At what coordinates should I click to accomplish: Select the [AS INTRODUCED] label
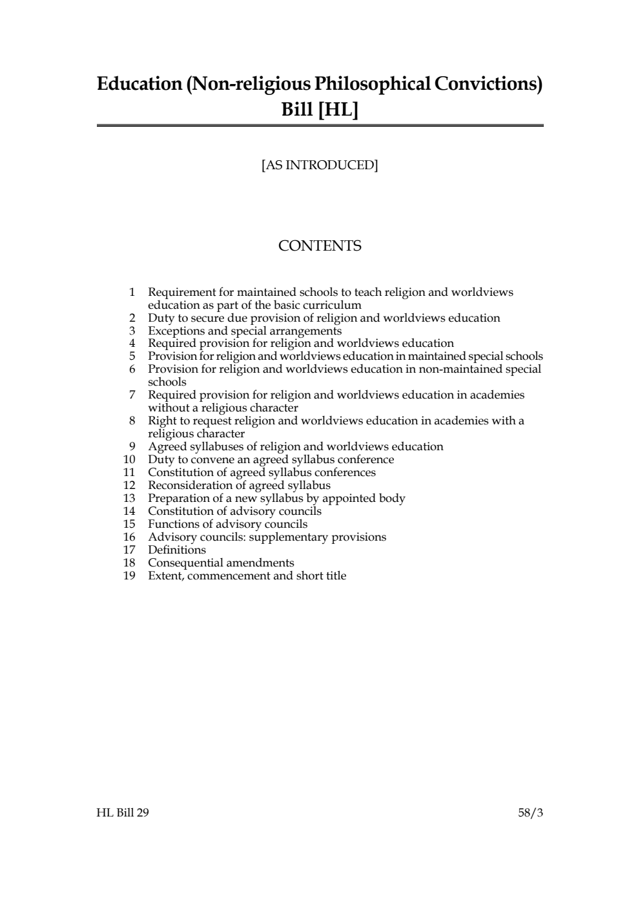click(320, 165)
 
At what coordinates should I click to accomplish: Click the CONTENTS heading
click(320, 246)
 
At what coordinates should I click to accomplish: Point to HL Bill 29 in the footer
click(123, 813)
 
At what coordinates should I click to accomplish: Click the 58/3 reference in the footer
click(530, 813)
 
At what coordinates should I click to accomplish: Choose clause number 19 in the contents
click(129, 576)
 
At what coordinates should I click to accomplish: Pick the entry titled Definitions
click(177, 550)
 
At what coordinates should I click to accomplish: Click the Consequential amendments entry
click(221, 563)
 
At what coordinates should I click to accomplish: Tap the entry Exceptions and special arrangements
click(245, 331)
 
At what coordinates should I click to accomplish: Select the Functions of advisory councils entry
click(227, 524)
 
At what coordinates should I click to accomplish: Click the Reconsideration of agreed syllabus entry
click(239, 485)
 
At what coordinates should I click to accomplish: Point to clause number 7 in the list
click(132, 395)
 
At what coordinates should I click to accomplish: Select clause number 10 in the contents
click(129, 459)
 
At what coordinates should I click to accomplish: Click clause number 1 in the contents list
click(132, 292)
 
